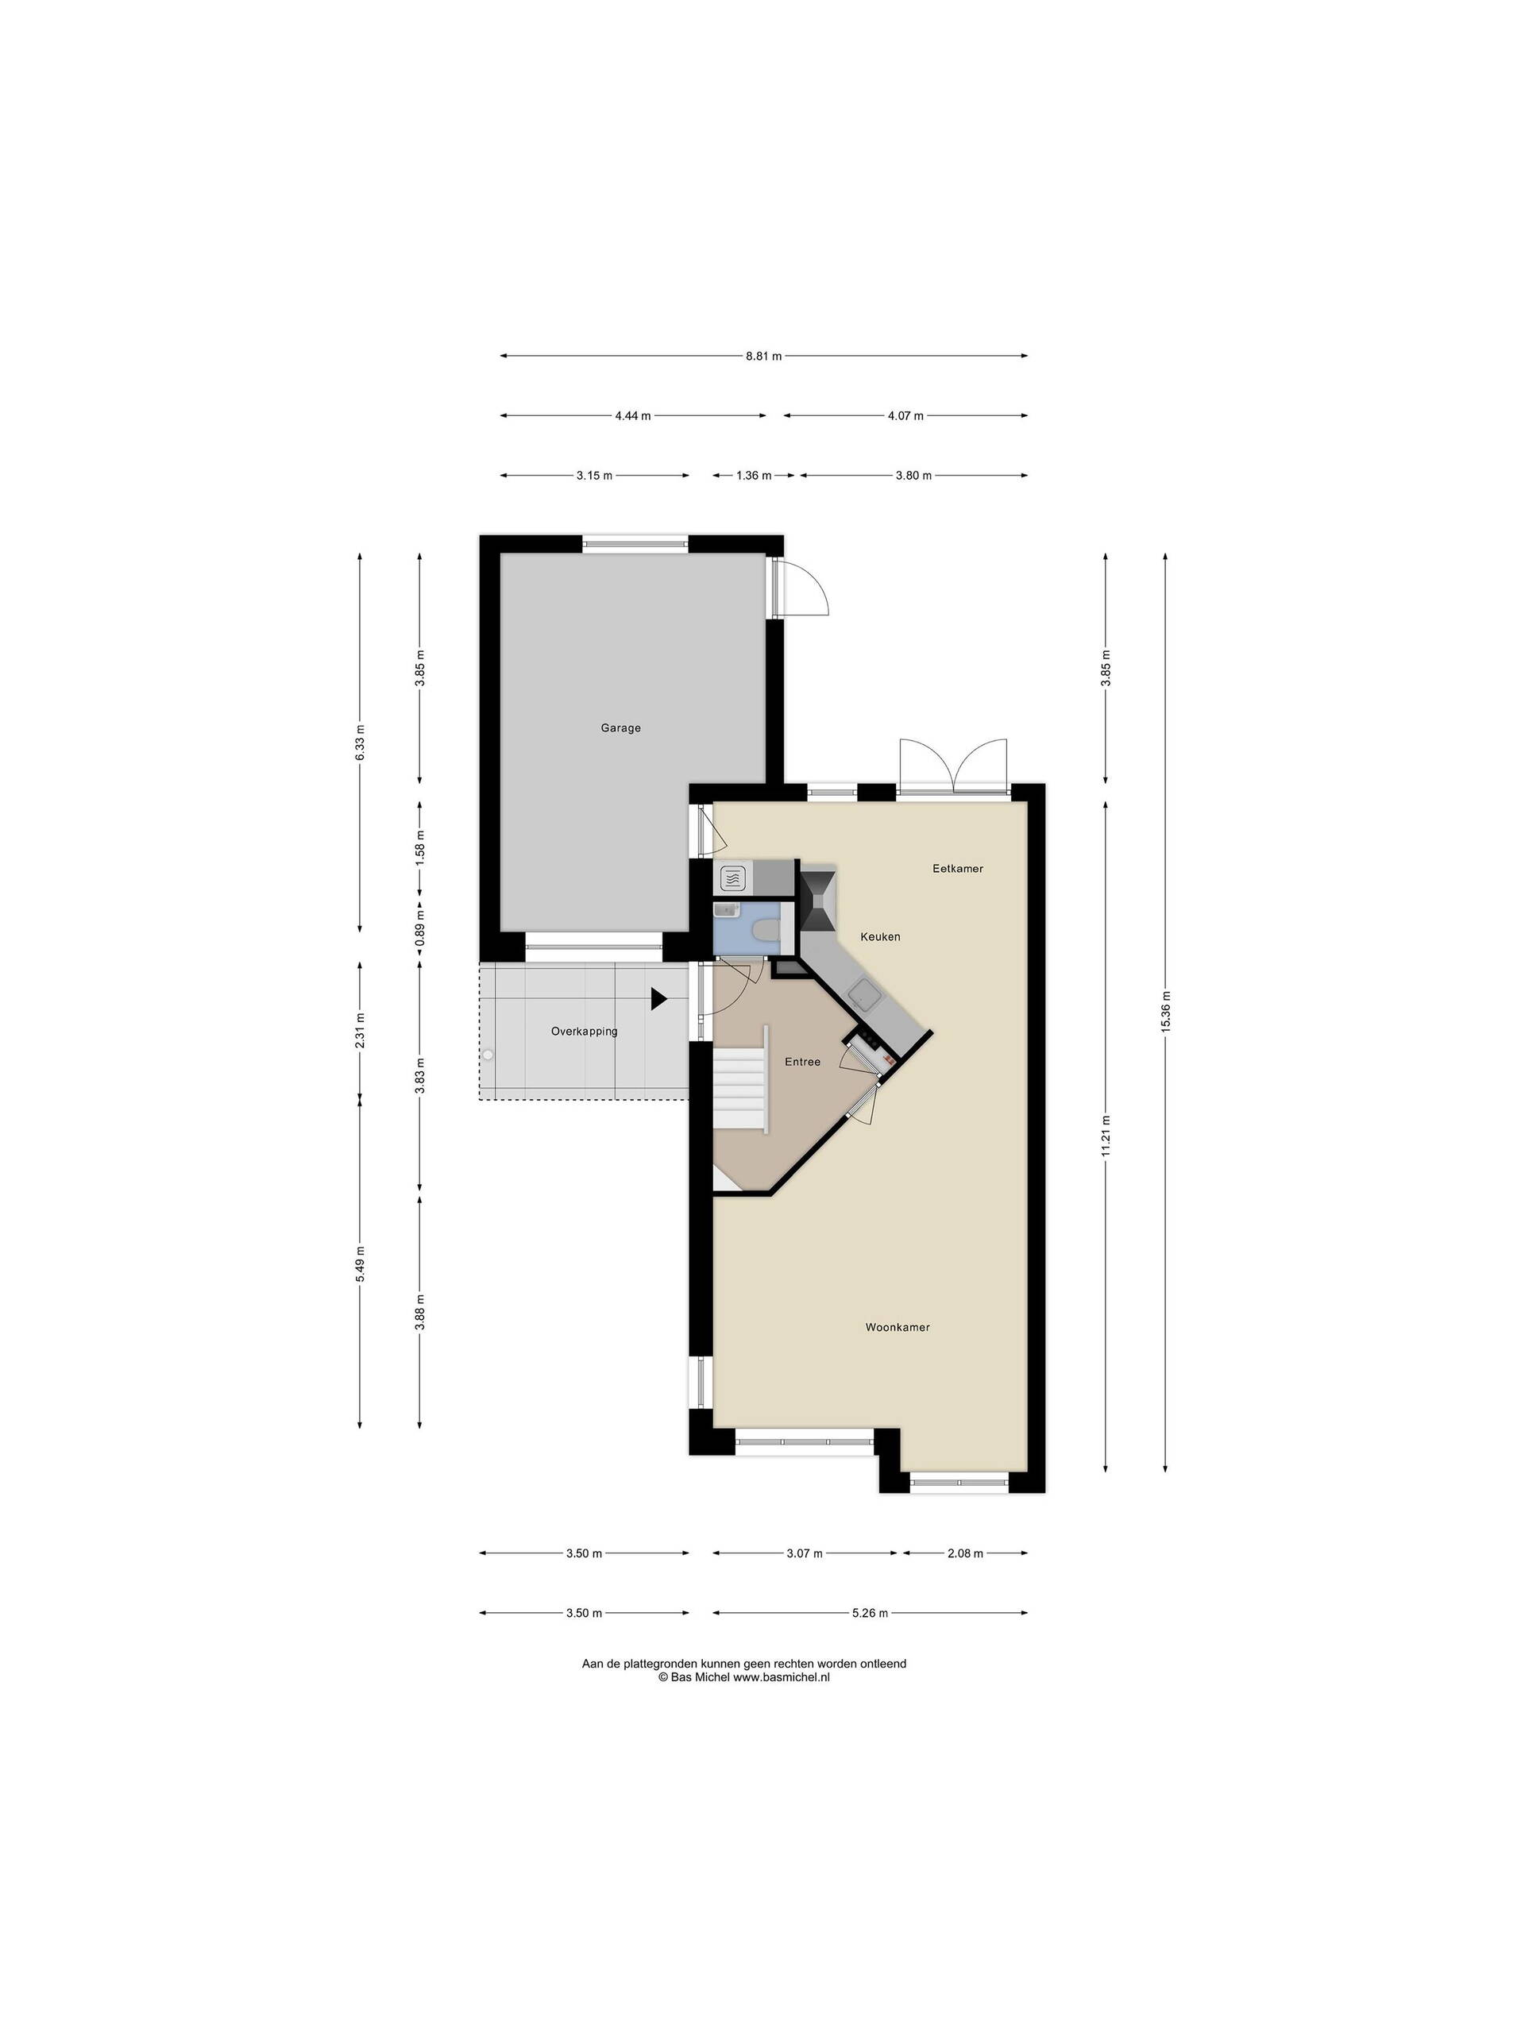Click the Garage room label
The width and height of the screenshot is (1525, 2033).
620,728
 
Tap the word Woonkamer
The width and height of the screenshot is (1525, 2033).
898,1327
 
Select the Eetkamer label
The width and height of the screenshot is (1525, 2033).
958,868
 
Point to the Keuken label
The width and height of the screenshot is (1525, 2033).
880,936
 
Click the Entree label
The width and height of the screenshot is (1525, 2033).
802,1062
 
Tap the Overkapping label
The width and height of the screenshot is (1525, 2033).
584,1032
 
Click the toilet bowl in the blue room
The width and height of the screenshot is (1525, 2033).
765,931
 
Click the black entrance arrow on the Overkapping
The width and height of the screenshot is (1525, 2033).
658,999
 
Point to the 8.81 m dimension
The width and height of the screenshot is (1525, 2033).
764,356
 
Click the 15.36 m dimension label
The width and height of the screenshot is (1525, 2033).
1164,1012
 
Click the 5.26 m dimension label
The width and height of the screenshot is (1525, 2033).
870,1613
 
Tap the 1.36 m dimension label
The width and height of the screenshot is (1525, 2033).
753,475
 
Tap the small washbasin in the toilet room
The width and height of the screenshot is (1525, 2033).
726,909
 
